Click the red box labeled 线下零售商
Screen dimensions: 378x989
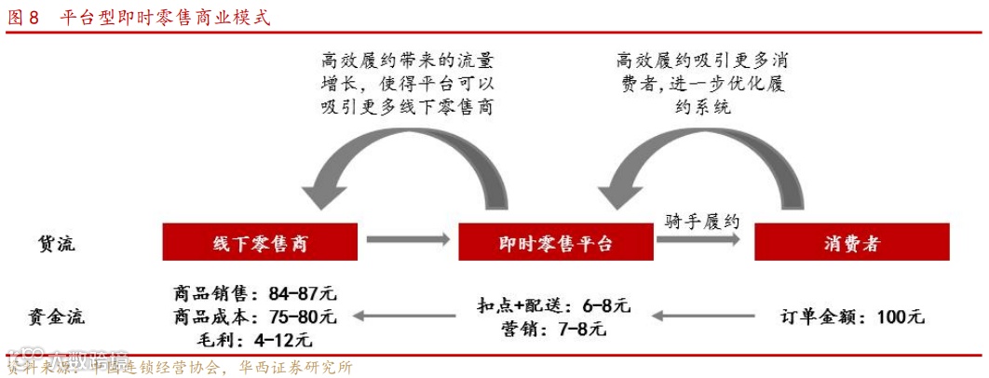[260, 243]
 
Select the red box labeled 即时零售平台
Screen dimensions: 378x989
[555, 243]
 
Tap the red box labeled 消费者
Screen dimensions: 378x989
[851, 243]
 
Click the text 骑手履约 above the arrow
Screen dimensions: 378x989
[700, 221]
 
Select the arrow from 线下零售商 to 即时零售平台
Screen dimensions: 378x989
[402, 241]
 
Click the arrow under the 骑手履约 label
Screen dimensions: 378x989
[698, 240]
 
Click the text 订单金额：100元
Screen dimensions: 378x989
[851, 317]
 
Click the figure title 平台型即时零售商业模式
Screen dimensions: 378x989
[163, 17]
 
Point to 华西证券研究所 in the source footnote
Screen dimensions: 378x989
[296, 367]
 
